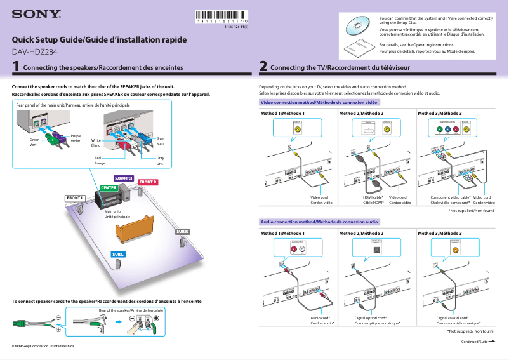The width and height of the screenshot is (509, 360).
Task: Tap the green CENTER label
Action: pyautogui.click(x=109, y=188)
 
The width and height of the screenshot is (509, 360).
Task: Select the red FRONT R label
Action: pyautogui.click(x=147, y=182)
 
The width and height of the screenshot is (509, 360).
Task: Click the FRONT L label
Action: pyautogui.click(x=76, y=198)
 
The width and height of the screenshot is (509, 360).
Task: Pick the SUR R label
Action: pyautogui.click(x=182, y=231)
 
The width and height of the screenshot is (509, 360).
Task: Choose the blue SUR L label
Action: pyautogui.click(x=119, y=254)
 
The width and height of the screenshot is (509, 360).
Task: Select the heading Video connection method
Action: pyautogui.click(x=319, y=102)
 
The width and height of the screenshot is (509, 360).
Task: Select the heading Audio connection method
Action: pyautogui.click(x=320, y=222)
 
